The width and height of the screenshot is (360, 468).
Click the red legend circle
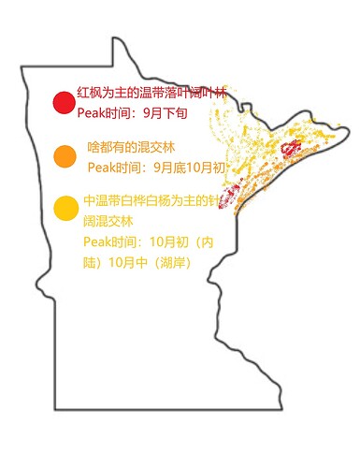pos(64,103)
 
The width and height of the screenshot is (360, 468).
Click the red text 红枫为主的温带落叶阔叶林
pos(151,94)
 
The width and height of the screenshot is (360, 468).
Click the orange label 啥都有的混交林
pos(131,148)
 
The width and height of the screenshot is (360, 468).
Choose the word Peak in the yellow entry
pos(97,241)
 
